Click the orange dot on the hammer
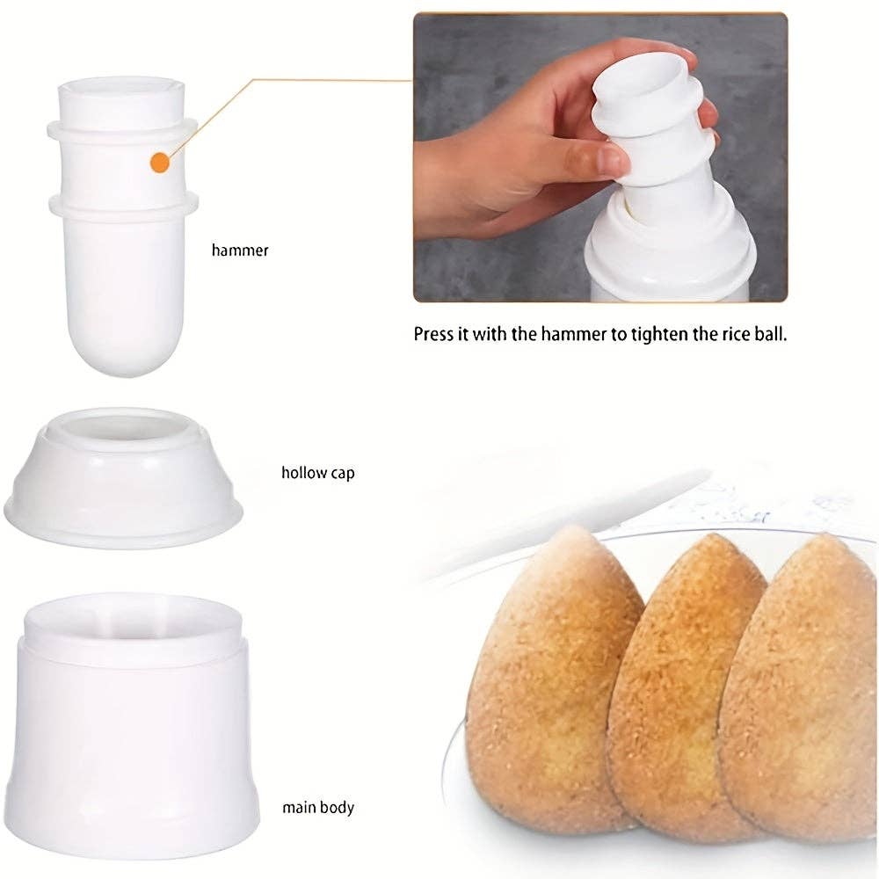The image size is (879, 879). (x=159, y=163)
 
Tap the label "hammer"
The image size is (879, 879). (x=240, y=251)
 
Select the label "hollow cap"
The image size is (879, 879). (x=318, y=473)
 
